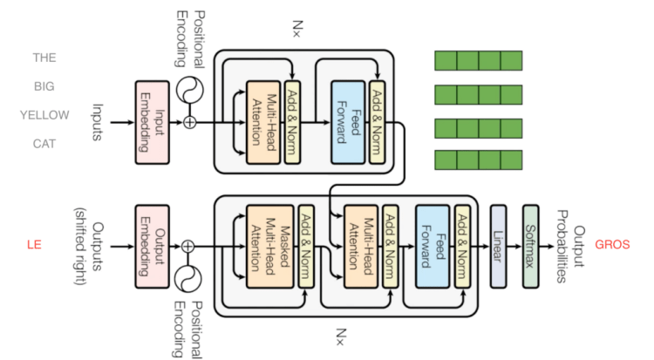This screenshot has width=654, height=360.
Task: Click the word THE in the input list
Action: coord(44,59)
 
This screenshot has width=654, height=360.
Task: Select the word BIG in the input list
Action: coord(44,88)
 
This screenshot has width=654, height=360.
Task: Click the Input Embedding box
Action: coord(151,121)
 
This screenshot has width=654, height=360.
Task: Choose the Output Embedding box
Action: coord(151,245)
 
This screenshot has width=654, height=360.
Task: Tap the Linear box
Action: coord(498,245)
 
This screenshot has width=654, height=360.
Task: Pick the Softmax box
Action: coord(532,245)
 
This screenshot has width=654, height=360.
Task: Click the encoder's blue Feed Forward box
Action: coord(346,121)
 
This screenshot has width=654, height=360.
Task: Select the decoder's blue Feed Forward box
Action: coord(433,245)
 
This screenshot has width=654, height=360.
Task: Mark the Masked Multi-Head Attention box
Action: coord(269,245)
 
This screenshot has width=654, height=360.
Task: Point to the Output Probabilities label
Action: coord(562,245)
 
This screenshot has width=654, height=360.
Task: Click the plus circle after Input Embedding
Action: coord(189,121)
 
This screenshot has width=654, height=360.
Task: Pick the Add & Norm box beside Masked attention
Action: coord(306,245)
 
